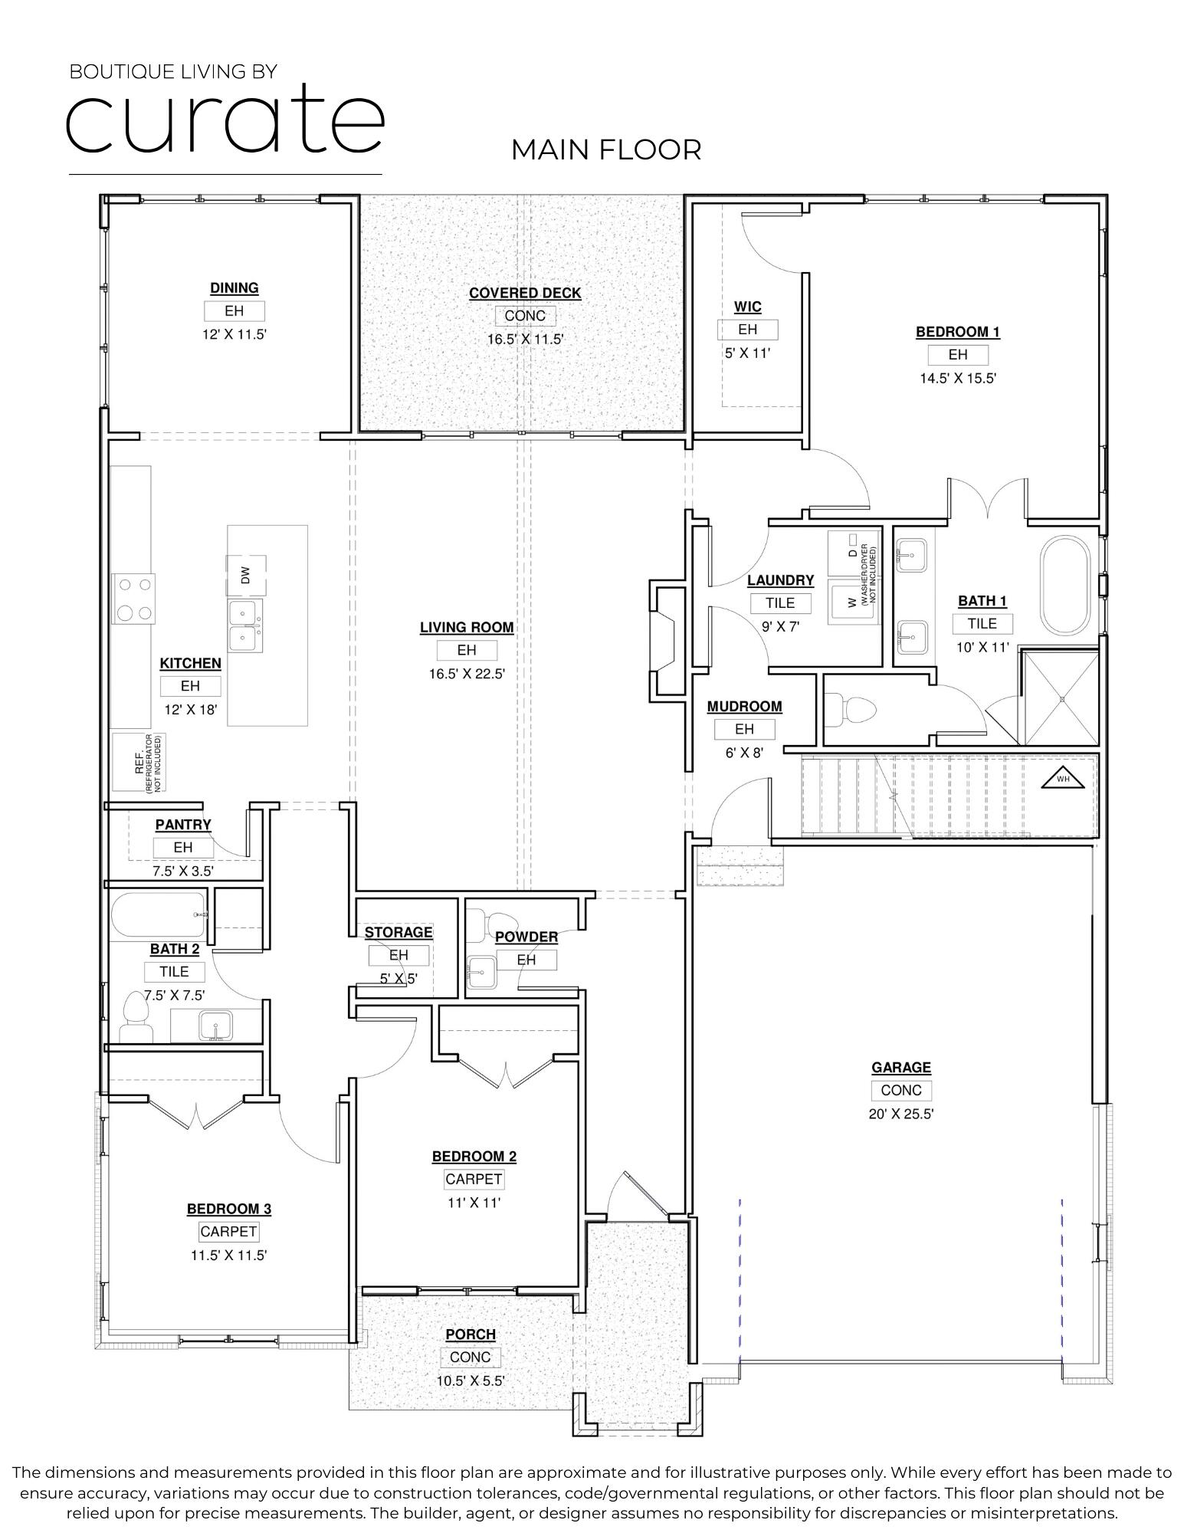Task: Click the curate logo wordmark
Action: [x=224, y=119]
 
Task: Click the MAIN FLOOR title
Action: [x=605, y=149]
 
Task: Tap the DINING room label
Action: [x=234, y=288]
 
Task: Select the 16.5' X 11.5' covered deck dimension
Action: [x=525, y=339]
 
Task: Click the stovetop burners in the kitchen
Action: [x=133, y=599]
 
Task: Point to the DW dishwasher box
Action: [x=246, y=576]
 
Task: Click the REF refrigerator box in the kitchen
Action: [x=139, y=762]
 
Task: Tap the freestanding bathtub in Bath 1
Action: [x=1064, y=586]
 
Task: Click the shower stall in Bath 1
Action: [x=1061, y=698]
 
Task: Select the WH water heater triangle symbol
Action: [x=1062, y=778]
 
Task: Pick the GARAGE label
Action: [x=900, y=1067]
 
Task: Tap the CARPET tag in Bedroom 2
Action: [x=474, y=1180]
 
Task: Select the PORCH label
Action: [x=471, y=1334]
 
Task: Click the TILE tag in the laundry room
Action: [x=780, y=603]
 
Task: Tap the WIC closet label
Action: [x=747, y=307]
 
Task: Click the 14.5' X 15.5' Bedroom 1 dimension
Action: [x=958, y=378]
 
